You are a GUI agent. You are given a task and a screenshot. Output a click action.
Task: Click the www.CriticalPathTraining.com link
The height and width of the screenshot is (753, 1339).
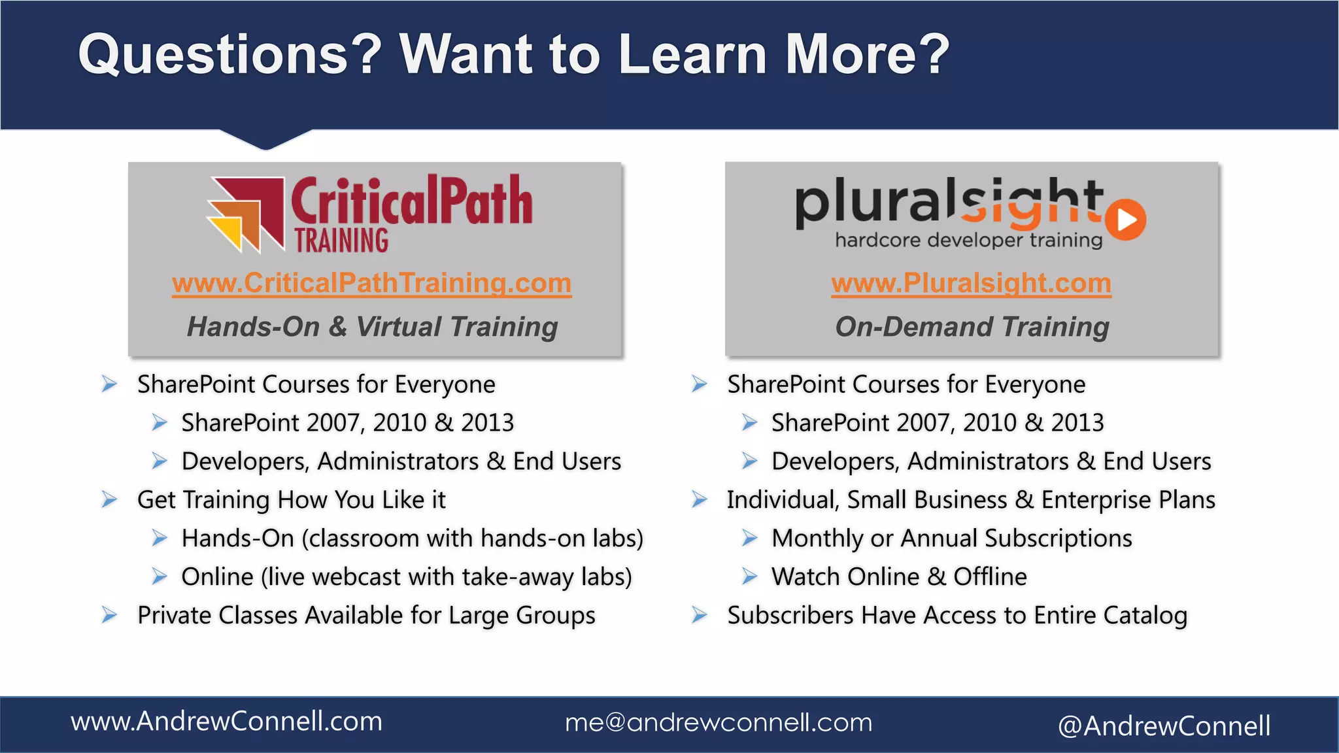[371, 284]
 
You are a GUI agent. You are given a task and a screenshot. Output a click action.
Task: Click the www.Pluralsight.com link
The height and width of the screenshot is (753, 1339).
[971, 284]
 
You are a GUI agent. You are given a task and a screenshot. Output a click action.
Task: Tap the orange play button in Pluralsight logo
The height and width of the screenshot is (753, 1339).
[1127, 220]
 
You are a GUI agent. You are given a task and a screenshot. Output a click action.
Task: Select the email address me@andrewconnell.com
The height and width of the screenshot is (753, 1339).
[719, 722]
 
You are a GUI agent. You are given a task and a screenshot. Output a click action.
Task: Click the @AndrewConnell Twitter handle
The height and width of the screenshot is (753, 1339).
[1164, 726]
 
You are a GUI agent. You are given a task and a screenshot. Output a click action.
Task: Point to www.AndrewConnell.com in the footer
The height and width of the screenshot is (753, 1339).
[226, 722]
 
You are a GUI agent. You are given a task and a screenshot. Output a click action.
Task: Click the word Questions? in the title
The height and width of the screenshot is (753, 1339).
[229, 55]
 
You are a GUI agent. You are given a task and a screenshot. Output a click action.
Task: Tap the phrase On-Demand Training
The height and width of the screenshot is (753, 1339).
[972, 327]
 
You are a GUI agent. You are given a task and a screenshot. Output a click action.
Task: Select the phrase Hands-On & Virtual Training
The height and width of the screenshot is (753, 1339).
[372, 327]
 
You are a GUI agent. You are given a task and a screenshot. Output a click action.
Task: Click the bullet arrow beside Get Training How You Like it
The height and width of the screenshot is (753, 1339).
[109, 500]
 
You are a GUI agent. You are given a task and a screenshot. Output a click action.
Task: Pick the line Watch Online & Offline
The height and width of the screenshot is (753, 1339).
[899, 577]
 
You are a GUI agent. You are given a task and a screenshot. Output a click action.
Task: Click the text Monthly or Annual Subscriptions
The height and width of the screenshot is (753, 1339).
[951, 539]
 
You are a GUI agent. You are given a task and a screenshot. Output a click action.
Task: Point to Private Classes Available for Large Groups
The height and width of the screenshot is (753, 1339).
[366, 616]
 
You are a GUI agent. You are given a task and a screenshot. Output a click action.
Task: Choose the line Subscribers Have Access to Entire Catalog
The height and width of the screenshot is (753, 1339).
[957, 616]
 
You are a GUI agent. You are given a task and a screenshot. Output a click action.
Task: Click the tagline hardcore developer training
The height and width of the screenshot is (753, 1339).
[968, 241]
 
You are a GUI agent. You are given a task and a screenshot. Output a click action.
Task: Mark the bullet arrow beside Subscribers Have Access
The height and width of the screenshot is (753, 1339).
[700, 616]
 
